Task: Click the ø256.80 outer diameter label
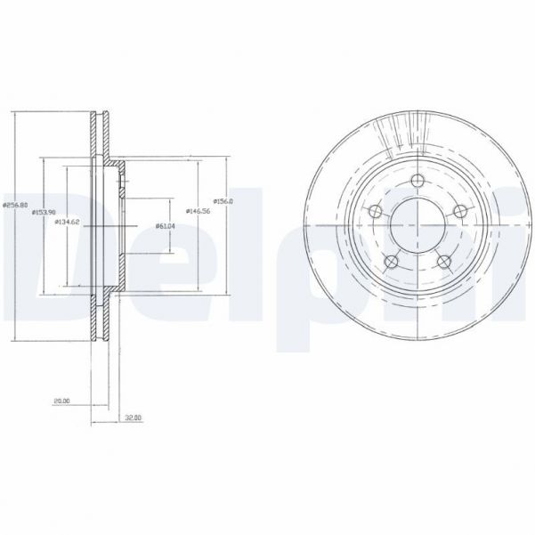(15, 206)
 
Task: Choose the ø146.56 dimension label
(196, 211)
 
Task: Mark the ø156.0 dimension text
(223, 201)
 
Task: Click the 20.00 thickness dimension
(61, 401)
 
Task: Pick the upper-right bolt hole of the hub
(459, 211)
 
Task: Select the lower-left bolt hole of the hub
(391, 261)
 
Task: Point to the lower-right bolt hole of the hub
(443, 261)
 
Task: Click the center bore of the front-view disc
(417, 225)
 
